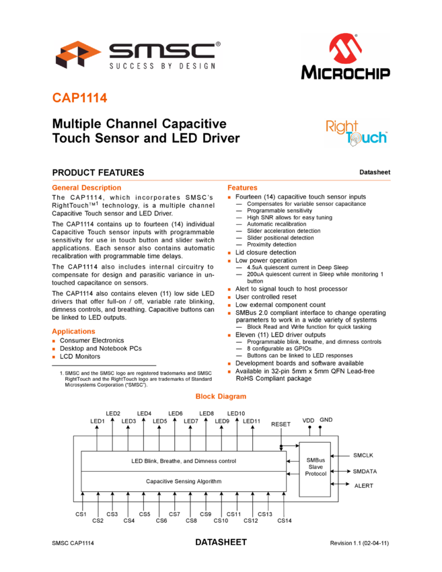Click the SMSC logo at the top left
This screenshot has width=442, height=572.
coord(138,55)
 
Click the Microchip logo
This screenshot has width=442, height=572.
coord(345,57)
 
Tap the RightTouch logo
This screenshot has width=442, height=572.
coord(357,133)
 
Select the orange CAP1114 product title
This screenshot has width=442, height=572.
coord(79,98)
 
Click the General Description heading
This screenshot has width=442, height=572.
coord(86,188)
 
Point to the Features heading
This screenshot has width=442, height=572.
coord(242,188)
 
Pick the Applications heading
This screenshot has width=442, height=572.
coord(73,331)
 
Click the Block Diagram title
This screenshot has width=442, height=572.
coord(221,396)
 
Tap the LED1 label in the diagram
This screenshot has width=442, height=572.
coord(98,421)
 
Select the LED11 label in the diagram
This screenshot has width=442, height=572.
coord(252,421)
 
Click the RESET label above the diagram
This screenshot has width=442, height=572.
coord(281,424)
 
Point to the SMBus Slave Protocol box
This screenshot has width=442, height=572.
coord(315,470)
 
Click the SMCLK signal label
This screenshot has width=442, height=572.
coord(363,456)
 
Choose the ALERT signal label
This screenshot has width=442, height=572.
coord(363,486)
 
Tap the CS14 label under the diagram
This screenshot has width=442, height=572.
coord(285,521)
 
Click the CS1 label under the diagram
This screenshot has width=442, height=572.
coord(81,514)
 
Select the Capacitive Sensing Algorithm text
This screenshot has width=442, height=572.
coord(184,481)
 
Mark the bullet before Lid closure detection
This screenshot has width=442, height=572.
coord(229,253)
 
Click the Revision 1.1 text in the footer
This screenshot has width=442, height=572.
coord(359,543)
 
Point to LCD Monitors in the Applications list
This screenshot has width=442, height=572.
coord(80,357)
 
